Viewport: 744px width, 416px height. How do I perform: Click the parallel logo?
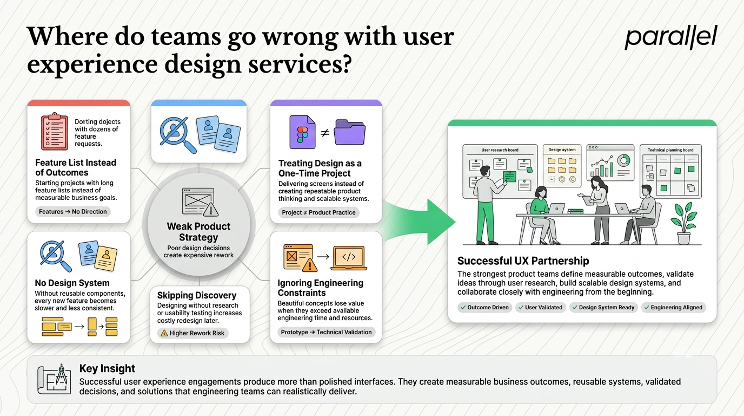pyautogui.click(x=670, y=37)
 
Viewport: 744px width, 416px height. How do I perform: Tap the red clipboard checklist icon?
pyautogui.click(x=55, y=132)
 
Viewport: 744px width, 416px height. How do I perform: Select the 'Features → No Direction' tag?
pyautogui.click(x=73, y=212)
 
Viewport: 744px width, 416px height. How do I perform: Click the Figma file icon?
pyautogui.click(x=302, y=132)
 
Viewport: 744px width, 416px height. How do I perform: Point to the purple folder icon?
pyautogui.click(x=349, y=132)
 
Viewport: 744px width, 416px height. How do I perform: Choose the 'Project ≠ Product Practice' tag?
pyautogui.click(x=318, y=212)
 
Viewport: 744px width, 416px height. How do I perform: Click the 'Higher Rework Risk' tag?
pyautogui.click(x=192, y=333)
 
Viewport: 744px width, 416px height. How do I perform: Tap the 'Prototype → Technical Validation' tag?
pyautogui.click(x=326, y=332)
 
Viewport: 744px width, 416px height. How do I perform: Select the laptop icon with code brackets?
pyautogui.click(x=349, y=258)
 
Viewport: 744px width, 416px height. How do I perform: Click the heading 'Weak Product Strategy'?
pyautogui.click(x=198, y=232)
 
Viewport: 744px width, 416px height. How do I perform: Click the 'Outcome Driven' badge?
pyautogui.click(x=485, y=308)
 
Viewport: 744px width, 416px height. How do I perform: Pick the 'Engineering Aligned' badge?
pyautogui.click(x=673, y=308)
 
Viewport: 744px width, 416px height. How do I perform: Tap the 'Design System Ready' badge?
pyautogui.click(x=603, y=308)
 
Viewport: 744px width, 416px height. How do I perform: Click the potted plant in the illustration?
pyautogui.click(x=683, y=223)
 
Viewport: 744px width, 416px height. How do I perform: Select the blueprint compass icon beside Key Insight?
pyautogui.click(x=54, y=379)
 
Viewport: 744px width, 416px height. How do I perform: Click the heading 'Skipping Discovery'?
pyautogui.click(x=197, y=295)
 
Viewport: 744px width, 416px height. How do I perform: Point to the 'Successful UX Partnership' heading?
pyautogui.click(x=523, y=261)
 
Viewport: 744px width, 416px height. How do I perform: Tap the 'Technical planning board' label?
pyautogui.click(x=670, y=150)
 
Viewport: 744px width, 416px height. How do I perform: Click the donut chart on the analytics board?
pyautogui.click(x=624, y=160)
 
